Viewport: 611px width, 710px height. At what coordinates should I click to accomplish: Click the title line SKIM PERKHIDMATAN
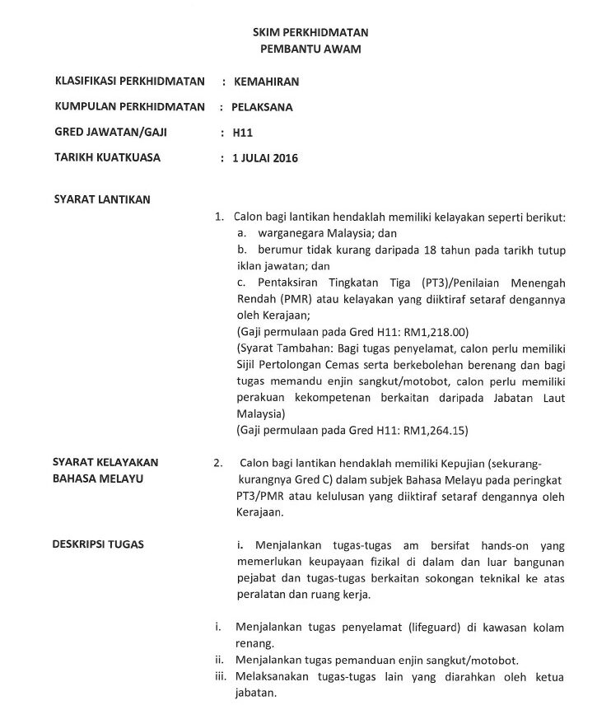coord(310,32)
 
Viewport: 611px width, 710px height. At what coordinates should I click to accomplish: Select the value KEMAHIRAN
coord(266,82)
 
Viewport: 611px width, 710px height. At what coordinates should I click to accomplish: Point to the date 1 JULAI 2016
coord(265,157)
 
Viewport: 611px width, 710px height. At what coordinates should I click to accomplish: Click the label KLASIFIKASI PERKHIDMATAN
coord(128,82)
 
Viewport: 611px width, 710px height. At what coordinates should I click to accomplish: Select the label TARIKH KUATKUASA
coord(107,156)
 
